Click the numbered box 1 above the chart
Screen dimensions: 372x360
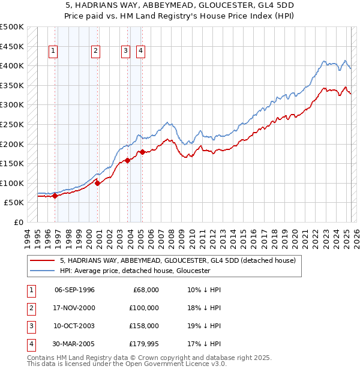53,51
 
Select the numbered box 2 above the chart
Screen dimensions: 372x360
95,51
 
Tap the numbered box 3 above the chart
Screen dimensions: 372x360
125,51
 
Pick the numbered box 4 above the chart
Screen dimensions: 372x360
140,51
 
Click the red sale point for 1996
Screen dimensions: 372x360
55,196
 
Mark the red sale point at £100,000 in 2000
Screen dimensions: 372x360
97,183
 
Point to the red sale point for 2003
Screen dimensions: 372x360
128,160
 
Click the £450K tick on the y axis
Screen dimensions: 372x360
13,46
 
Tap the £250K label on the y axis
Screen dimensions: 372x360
13,124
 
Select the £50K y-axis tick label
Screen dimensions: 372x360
14,203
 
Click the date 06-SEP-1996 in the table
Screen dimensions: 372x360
74,290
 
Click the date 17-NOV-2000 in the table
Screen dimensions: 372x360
74,308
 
